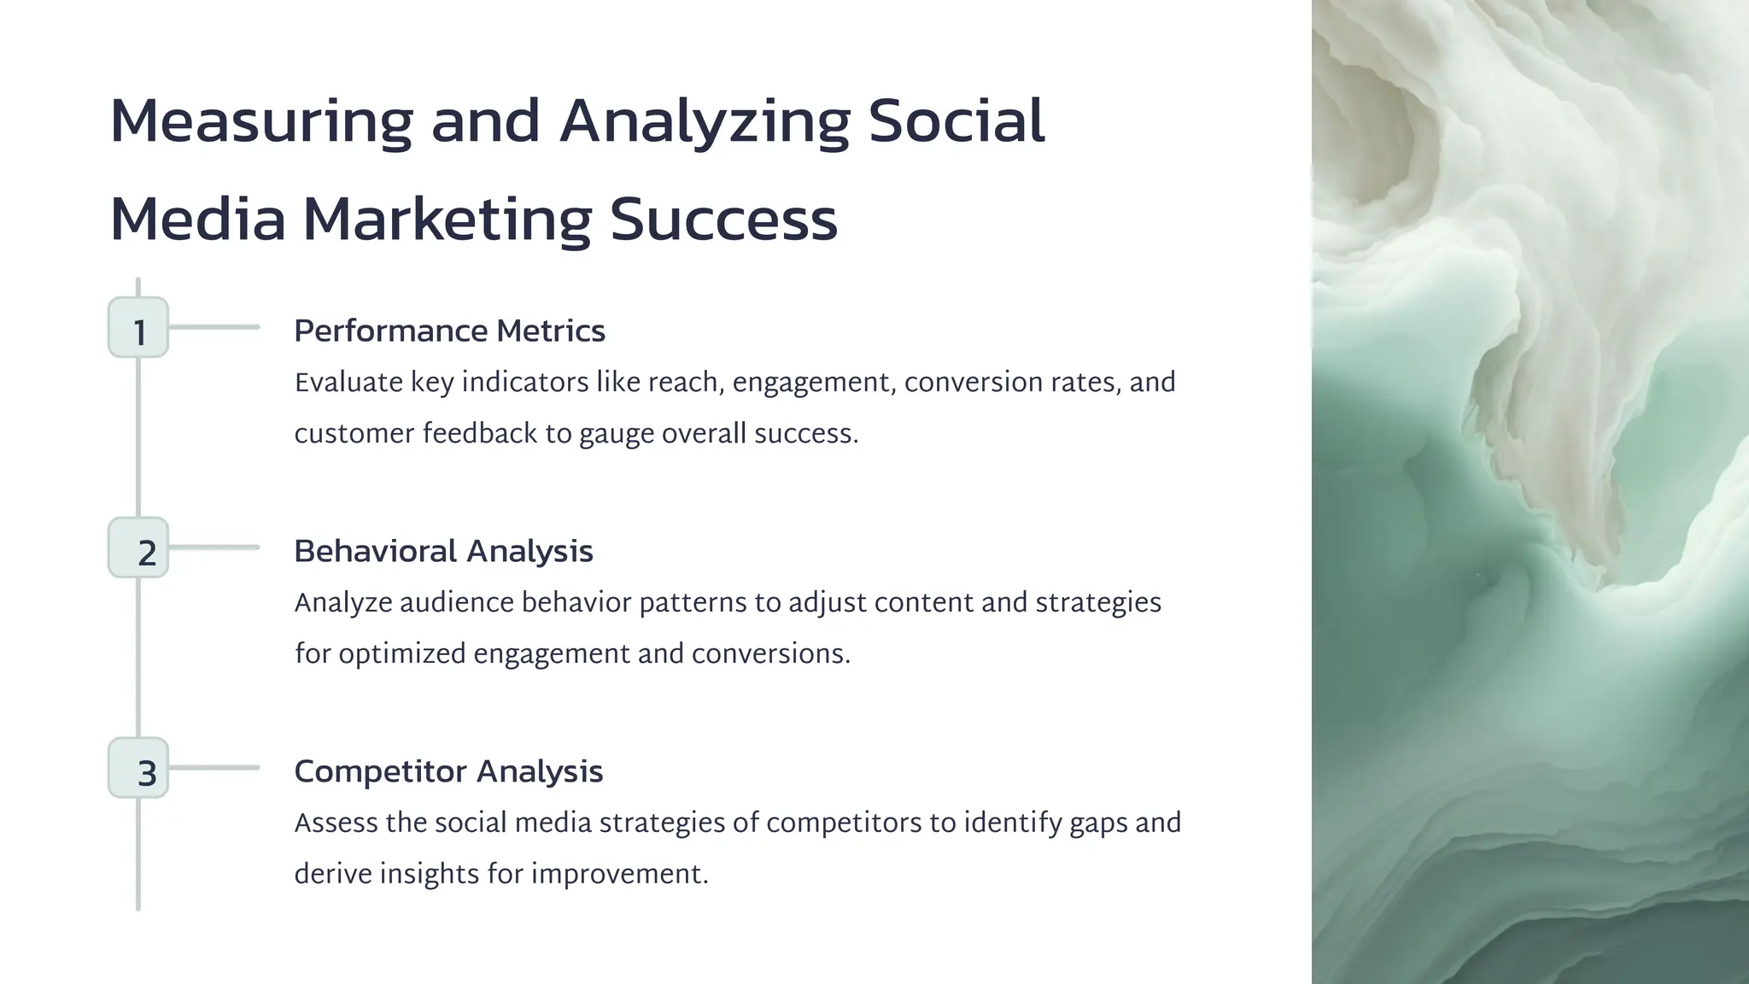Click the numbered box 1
(x=138, y=328)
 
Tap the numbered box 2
(x=138, y=548)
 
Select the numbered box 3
(x=138, y=769)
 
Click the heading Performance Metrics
(x=449, y=331)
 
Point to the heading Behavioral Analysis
(x=443, y=552)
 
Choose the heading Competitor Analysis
(x=448, y=772)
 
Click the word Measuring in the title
(x=261, y=121)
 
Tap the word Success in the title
(x=723, y=220)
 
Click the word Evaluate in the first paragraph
(x=348, y=383)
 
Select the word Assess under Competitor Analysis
(x=336, y=823)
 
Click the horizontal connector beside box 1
(x=214, y=327)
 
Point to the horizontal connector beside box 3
(x=214, y=768)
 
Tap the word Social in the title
(x=956, y=121)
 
